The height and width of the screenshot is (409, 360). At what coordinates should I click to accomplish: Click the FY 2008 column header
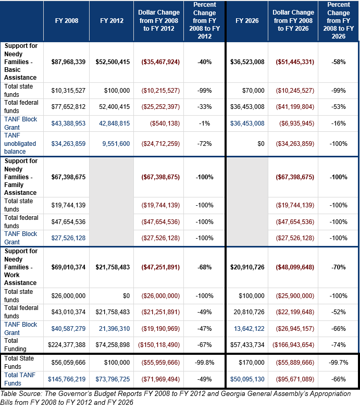(67, 21)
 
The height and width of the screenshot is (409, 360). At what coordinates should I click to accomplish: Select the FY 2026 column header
(247, 21)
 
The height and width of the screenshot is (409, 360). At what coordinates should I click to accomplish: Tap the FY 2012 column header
(111, 21)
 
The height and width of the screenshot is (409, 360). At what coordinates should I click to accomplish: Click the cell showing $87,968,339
(68, 62)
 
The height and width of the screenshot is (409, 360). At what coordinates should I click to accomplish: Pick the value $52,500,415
(113, 62)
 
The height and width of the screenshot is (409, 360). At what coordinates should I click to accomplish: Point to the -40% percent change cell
(205, 62)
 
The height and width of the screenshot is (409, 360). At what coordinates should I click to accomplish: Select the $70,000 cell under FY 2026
(253, 91)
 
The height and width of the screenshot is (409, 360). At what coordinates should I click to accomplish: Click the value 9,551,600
(116, 144)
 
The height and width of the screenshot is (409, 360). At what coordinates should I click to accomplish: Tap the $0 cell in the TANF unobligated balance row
(261, 144)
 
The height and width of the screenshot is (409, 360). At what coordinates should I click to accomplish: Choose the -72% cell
(205, 144)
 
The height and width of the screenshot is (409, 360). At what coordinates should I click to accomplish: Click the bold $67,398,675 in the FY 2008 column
(68, 177)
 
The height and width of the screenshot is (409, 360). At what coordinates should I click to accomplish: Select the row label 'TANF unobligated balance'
(20, 143)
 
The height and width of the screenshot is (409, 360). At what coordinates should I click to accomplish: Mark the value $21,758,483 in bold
(113, 267)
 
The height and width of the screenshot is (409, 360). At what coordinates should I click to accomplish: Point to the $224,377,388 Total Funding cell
(67, 345)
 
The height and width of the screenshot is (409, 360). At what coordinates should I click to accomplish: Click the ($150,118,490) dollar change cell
(159, 345)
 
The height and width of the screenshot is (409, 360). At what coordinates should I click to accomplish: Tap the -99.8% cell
(205, 363)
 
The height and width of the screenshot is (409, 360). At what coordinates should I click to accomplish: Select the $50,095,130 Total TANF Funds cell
(247, 379)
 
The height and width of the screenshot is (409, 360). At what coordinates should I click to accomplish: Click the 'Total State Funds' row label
(19, 362)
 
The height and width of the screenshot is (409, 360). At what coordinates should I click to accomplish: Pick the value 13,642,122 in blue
(249, 329)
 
